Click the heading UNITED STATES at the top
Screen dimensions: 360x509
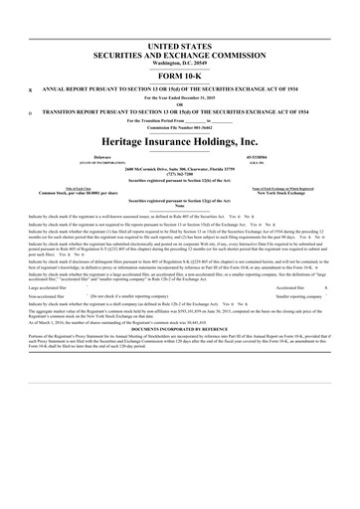(x=180, y=47)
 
